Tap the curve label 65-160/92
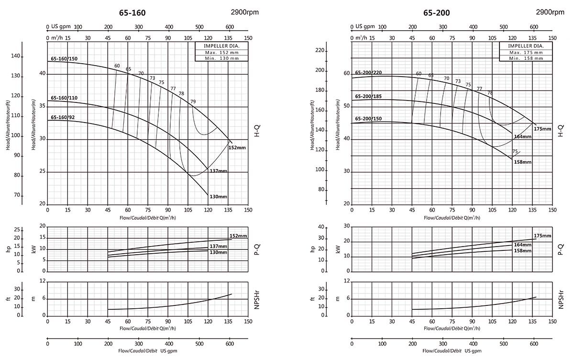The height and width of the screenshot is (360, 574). [x=63, y=117]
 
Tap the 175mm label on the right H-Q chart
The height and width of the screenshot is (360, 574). [x=542, y=129]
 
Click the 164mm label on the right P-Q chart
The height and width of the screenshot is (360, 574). [x=522, y=245]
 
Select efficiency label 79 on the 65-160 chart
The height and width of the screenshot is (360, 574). [x=193, y=101]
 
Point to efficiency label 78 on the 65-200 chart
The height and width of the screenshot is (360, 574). [x=489, y=92]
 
